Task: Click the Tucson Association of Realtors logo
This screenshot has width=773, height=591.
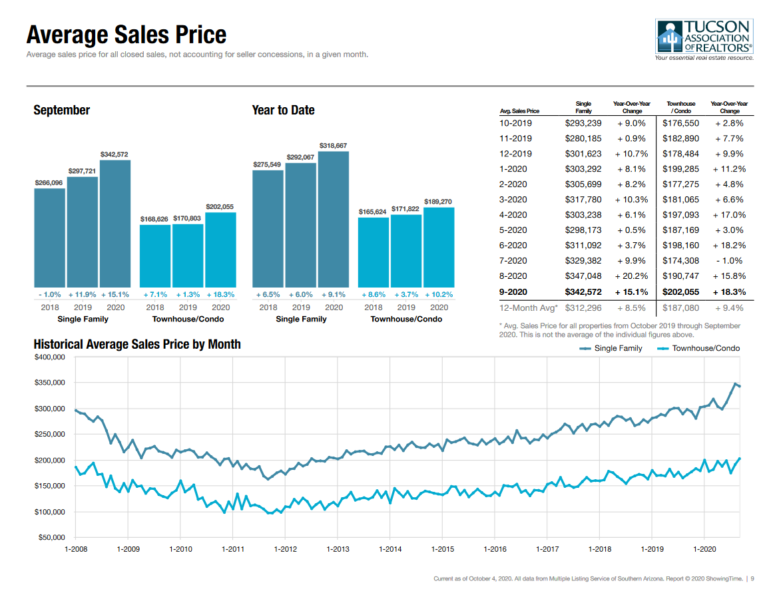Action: coord(704,40)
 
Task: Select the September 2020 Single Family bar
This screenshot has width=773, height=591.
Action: coord(115,223)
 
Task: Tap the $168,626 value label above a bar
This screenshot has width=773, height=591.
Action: coord(154,219)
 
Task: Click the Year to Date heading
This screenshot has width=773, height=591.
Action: coord(283,110)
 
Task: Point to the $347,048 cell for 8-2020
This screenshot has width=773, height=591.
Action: coord(583,276)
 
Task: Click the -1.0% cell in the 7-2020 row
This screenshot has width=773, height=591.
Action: coord(729,261)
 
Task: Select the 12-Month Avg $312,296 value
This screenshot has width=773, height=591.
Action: coord(583,308)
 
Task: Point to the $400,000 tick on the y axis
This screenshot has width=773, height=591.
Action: coord(49,357)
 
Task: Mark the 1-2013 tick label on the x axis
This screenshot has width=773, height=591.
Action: coord(338,549)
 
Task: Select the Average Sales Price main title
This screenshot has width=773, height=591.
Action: coord(127,35)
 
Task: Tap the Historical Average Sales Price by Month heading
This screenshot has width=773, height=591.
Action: coord(137,345)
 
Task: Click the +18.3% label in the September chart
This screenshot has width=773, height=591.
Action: coord(220,294)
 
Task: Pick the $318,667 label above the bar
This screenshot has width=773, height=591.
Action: coord(333,145)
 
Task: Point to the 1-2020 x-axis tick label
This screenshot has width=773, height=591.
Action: coord(704,549)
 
